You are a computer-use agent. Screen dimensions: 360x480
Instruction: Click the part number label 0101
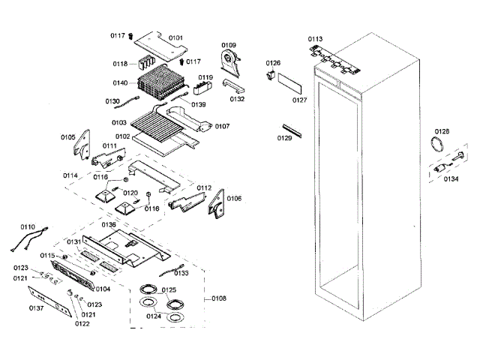(175, 37)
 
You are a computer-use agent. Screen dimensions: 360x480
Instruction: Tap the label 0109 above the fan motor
(228, 46)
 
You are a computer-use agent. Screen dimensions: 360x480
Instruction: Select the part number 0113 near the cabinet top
(315, 37)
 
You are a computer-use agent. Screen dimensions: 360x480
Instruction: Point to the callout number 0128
(442, 131)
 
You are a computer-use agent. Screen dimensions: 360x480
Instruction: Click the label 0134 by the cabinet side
(451, 178)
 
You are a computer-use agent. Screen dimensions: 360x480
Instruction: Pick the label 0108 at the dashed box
(219, 298)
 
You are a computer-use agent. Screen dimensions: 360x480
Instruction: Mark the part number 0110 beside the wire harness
(28, 226)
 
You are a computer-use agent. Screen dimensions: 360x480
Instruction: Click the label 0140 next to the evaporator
(120, 82)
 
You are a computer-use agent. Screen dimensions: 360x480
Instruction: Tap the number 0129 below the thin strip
(284, 139)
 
